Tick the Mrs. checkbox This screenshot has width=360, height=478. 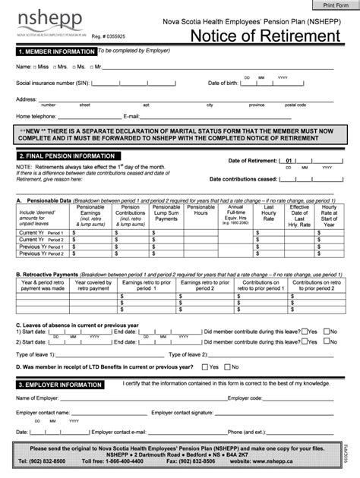55,68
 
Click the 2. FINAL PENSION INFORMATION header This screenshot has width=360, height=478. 68,156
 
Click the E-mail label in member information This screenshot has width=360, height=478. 132,116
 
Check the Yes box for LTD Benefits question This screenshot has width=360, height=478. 205,366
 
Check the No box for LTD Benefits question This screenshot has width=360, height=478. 230,366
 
